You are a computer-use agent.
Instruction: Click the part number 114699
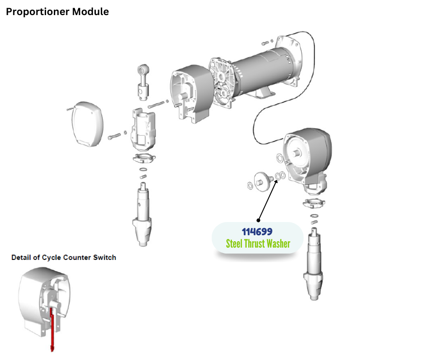(257, 232)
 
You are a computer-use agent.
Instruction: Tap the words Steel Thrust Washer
(258, 244)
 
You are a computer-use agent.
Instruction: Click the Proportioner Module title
(57, 12)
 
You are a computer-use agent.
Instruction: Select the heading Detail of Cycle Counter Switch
(63, 257)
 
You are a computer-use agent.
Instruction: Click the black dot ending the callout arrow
(259, 220)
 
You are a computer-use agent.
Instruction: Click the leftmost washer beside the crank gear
(250, 185)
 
